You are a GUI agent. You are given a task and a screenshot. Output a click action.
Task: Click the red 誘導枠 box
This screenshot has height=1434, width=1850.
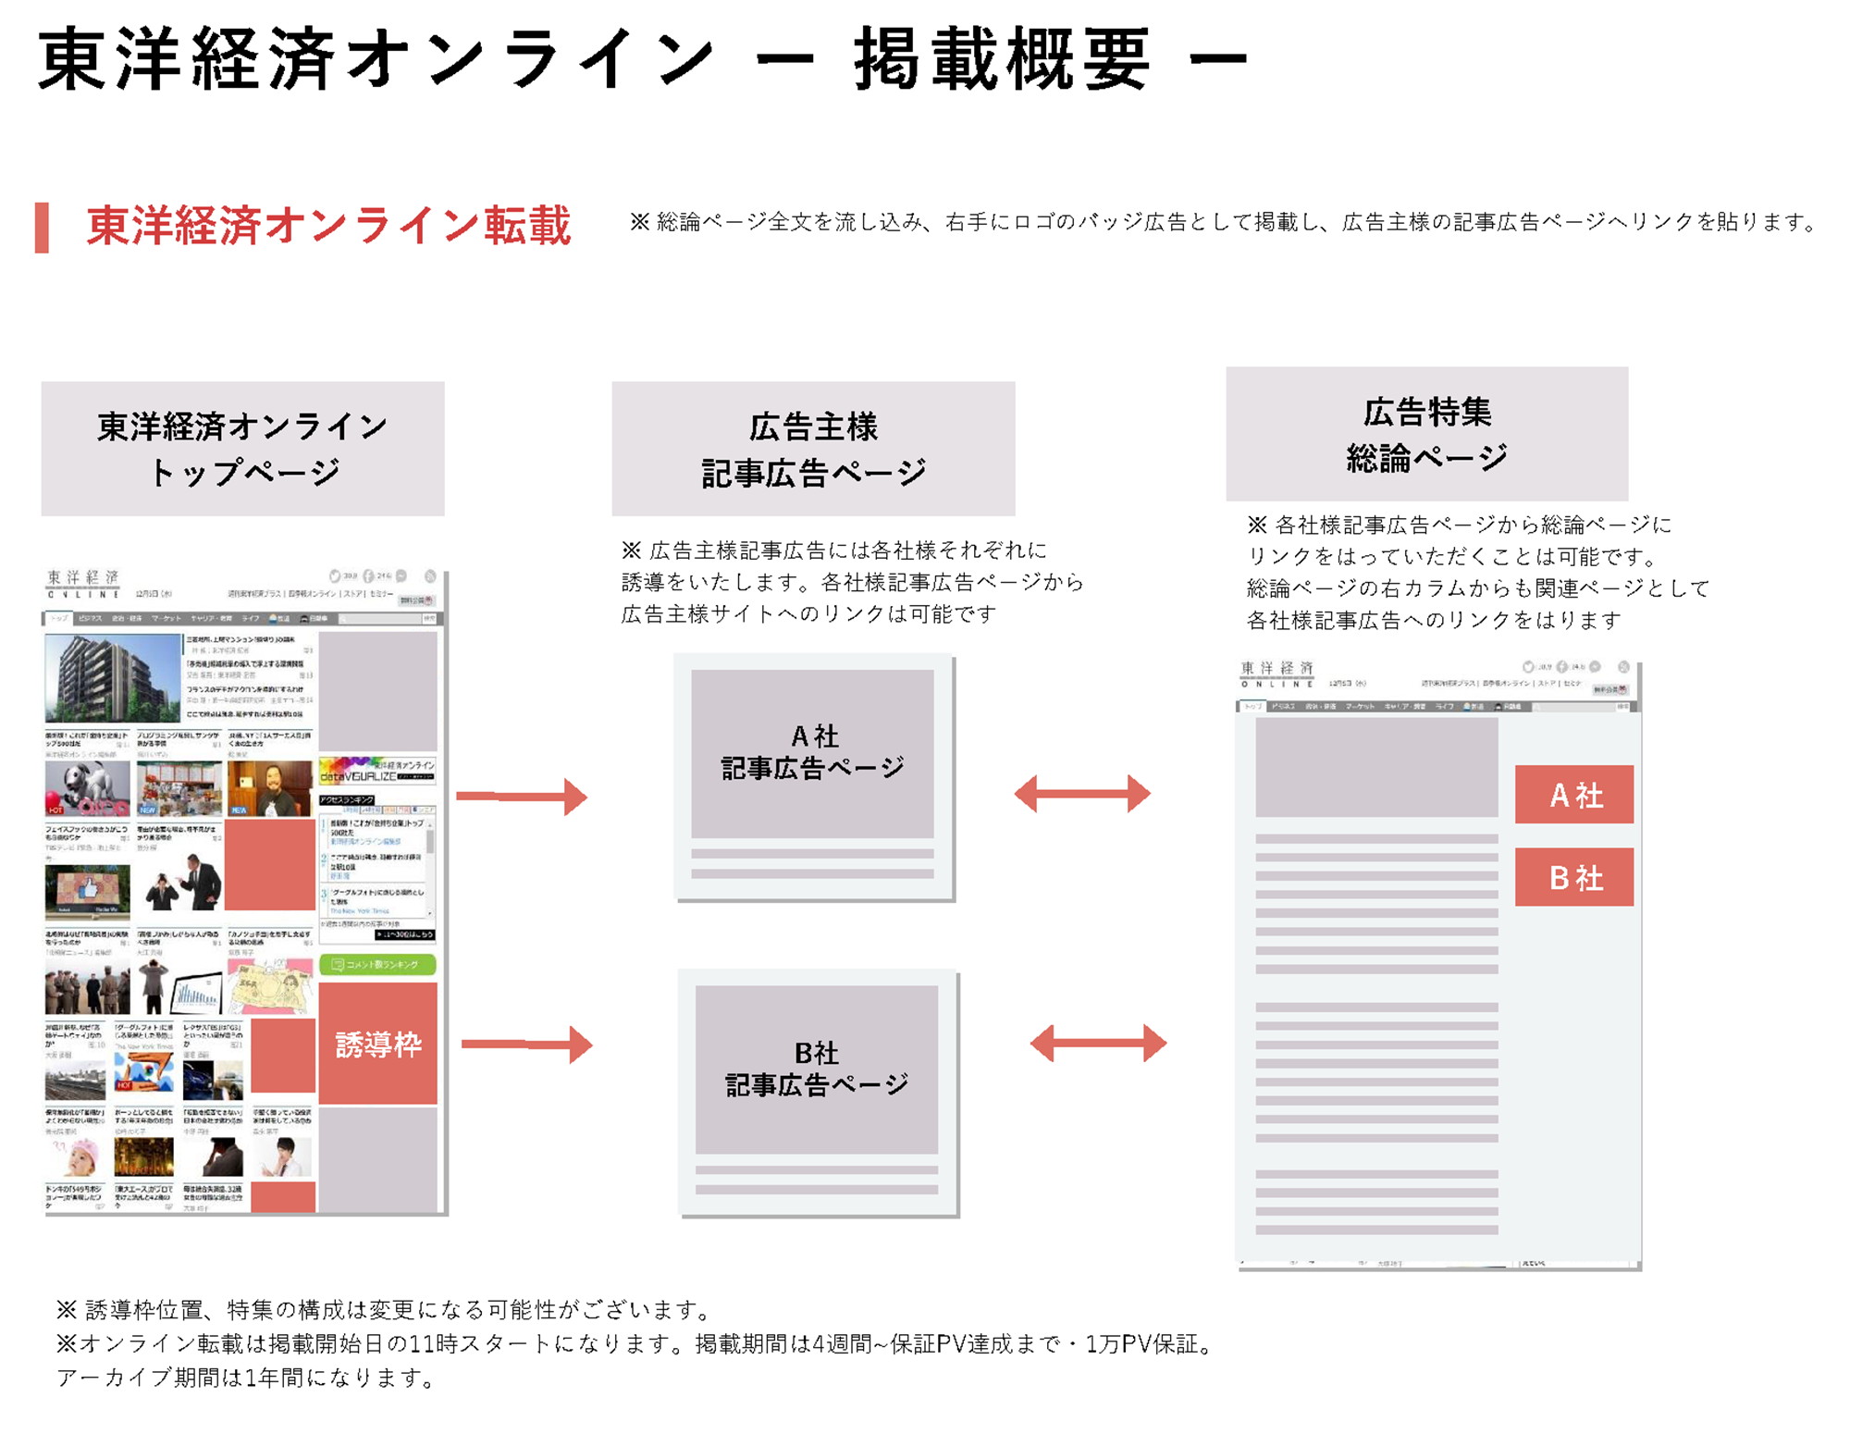point(377,1044)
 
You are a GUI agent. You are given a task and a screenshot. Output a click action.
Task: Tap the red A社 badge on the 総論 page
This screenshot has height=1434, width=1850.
point(1573,795)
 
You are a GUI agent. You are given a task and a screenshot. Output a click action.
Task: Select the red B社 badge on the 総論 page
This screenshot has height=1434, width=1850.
point(1573,877)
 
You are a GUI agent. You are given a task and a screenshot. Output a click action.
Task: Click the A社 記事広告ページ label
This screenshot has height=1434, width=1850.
point(812,752)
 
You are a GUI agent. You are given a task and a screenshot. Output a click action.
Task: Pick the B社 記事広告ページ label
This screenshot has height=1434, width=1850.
point(816,1069)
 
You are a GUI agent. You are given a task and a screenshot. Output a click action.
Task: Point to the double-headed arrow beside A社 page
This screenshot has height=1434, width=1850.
point(1081,794)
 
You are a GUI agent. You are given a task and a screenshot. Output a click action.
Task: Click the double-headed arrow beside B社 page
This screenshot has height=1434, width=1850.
point(1097,1043)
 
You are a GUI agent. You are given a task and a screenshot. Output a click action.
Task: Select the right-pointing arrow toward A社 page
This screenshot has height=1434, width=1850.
point(522,796)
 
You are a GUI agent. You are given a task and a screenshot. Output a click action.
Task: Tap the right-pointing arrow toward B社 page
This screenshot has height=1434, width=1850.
point(526,1044)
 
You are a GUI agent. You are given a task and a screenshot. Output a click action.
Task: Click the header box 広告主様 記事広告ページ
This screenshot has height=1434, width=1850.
point(813,449)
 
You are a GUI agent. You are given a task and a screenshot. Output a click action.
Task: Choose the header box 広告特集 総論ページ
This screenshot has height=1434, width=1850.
point(1426,434)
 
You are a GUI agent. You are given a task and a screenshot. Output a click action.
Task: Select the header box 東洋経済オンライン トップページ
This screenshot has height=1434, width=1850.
point(242,449)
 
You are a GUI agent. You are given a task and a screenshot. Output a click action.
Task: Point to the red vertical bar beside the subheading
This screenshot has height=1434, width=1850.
point(42,228)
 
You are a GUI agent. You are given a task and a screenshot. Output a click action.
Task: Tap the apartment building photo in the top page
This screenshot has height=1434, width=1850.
point(113,678)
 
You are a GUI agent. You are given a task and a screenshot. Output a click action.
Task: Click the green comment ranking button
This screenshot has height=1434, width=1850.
point(377,964)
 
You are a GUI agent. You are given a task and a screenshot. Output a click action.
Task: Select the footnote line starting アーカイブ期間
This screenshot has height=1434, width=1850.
point(246,1378)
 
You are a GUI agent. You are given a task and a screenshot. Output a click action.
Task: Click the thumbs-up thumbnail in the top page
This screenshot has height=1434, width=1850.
point(88,890)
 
